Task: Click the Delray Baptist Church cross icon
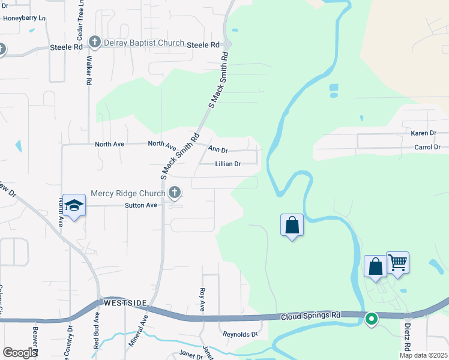coord(95,42)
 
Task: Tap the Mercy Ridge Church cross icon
coord(175,193)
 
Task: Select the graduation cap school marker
coord(74,206)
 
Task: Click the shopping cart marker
coord(397,262)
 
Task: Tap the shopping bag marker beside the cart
coord(375,266)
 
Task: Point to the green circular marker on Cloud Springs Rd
coord(372,319)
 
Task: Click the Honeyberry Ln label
coord(24,18)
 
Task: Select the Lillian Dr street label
coord(228,164)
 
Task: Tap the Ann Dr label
coord(218,149)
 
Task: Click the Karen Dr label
coord(423,133)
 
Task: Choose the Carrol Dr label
coord(427,147)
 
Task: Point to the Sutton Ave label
coord(140,205)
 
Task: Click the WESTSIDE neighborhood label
coord(125,303)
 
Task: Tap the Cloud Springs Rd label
coord(310,315)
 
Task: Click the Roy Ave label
coord(202,299)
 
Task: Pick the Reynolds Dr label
coord(240,334)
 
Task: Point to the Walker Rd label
coord(89,70)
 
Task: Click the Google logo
coord(20,353)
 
